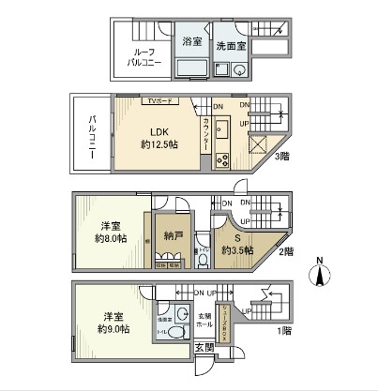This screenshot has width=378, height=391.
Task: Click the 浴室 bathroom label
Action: tap(190, 41)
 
